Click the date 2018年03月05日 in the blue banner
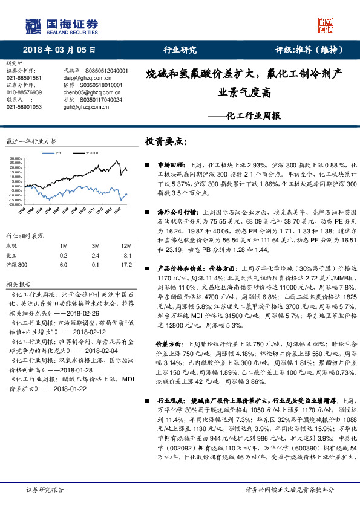pos(59,50)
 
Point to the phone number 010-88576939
pos(25,92)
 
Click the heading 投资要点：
pos(164,141)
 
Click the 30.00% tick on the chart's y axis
pos(16,158)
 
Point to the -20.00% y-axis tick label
pos(16,204)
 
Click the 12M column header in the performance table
pos(126,246)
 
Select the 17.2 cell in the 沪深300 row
pos(126,264)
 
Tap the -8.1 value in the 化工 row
pos(126,255)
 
